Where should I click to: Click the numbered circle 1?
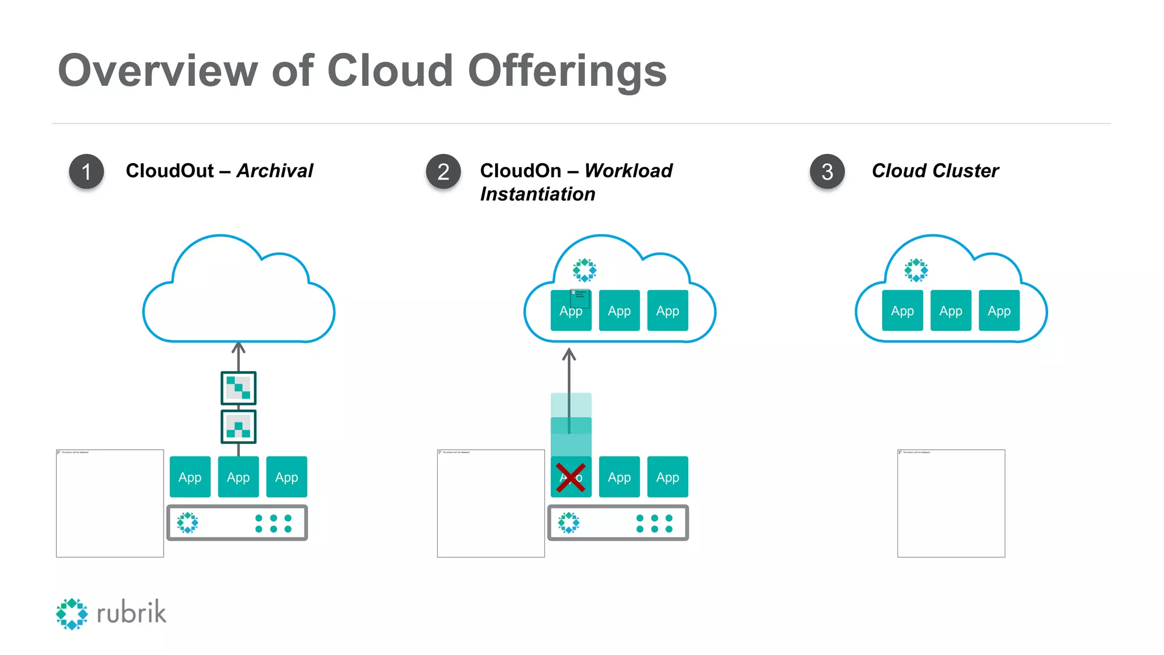click(x=86, y=171)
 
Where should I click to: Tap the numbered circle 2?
click(x=443, y=171)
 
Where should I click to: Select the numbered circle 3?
click(x=827, y=171)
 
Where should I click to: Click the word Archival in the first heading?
click(x=275, y=171)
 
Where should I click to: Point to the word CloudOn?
click(x=520, y=171)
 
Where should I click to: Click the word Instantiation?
click(x=538, y=194)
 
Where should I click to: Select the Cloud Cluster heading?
click(x=935, y=171)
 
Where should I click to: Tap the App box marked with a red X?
click(x=571, y=477)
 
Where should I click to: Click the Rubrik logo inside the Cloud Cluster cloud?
click(x=916, y=270)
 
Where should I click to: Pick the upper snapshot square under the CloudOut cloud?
click(x=238, y=388)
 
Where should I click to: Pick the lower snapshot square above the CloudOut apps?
click(x=238, y=426)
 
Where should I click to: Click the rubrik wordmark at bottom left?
click(x=131, y=613)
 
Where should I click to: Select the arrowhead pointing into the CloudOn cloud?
click(x=569, y=355)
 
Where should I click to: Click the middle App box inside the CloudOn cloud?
click(x=619, y=310)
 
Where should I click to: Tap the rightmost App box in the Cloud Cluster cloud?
click(x=999, y=310)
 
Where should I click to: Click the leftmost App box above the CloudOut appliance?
click(x=190, y=477)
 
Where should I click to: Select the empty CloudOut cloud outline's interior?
click(x=239, y=301)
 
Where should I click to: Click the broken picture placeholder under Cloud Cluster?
click(x=951, y=503)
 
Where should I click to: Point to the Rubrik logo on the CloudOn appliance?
click(x=568, y=522)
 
